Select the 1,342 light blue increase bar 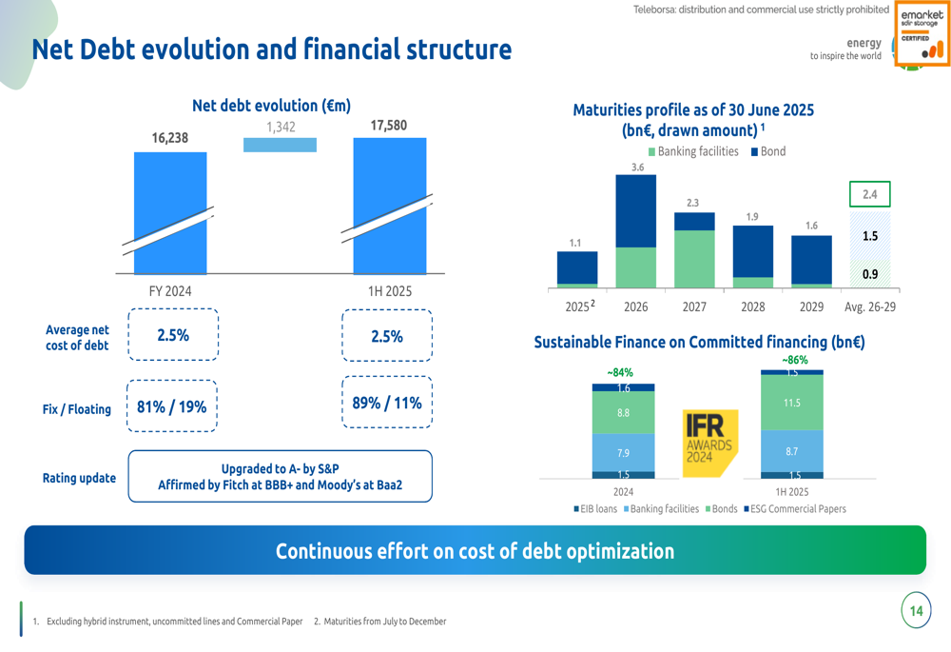tap(280, 145)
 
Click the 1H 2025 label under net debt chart tap(390, 291)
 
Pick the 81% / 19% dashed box tap(172, 406)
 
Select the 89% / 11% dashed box tap(386, 403)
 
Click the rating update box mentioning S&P tap(280, 477)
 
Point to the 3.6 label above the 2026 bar tap(637, 168)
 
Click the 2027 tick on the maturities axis tap(694, 307)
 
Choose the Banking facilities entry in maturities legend tap(693, 151)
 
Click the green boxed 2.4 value tap(869, 194)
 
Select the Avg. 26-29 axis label tap(870, 307)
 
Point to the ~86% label tap(794, 361)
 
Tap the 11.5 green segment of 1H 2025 tap(791, 403)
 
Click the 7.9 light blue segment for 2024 tap(623, 453)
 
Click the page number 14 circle tap(916, 611)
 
